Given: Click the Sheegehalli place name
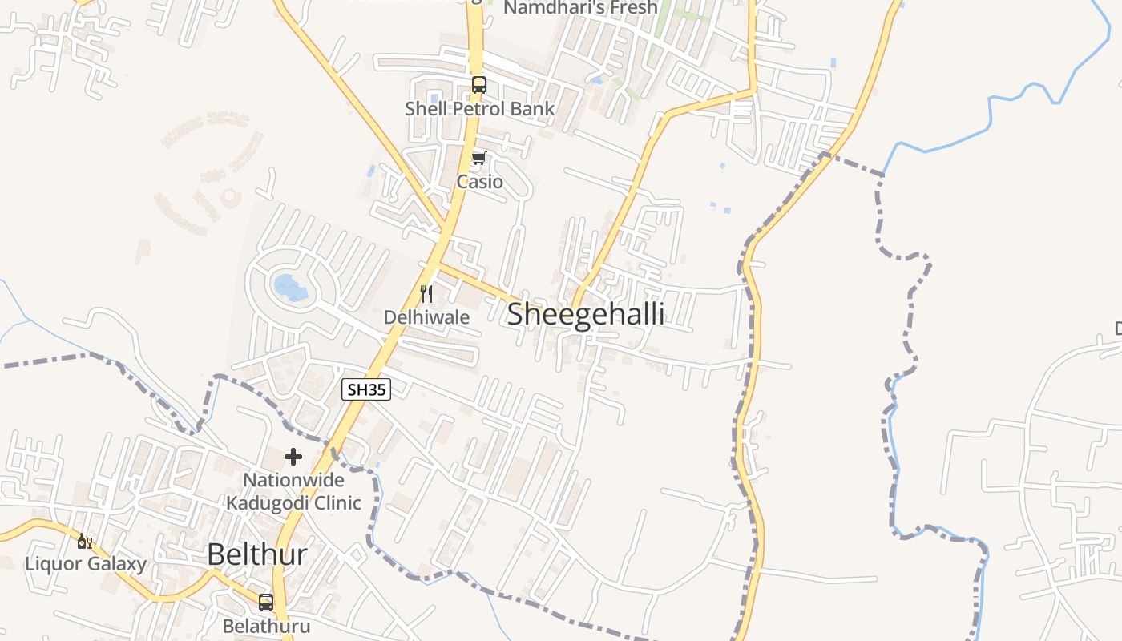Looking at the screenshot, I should [586, 314].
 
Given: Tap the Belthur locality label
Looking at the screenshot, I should [256, 554].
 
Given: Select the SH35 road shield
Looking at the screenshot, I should [366, 390].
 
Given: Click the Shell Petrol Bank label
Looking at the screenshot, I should [479, 109].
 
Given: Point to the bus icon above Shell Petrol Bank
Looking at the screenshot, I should [479, 84].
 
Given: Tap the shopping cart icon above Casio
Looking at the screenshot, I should [479, 158].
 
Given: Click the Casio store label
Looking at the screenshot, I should [480, 182].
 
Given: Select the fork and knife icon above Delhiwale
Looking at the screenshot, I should [426, 293].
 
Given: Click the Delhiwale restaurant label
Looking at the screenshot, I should [426, 317].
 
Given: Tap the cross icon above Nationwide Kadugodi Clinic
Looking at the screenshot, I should [293, 457].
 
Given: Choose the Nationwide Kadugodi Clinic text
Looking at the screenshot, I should [293, 491].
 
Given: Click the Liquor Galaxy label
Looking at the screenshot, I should [86, 564].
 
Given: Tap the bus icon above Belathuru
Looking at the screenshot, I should [266, 602].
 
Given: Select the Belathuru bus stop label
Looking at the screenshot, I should [266, 626].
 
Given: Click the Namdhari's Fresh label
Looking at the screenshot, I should [580, 8].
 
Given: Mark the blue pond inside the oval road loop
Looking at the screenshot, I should [289, 287].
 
